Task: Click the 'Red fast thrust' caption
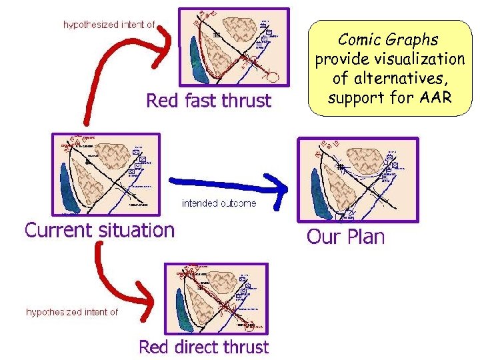pos(209,101)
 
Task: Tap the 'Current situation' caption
pos(99,231)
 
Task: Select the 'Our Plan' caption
pos(345,237)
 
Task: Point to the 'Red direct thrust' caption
pos(203,347)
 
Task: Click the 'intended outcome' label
pos(219,203)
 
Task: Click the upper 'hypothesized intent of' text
pos(109,25)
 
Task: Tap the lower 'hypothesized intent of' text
pos(72,311)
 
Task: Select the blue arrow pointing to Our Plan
pos(227,182)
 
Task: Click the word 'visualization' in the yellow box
pos(425,59)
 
